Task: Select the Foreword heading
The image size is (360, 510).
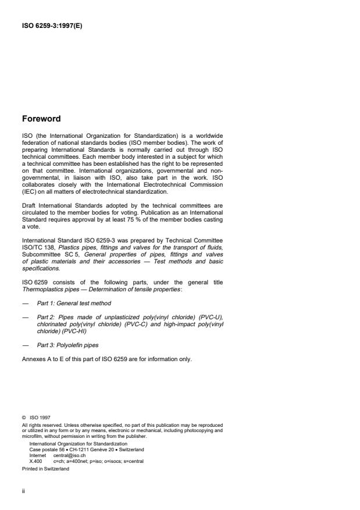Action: coord(41,119)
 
